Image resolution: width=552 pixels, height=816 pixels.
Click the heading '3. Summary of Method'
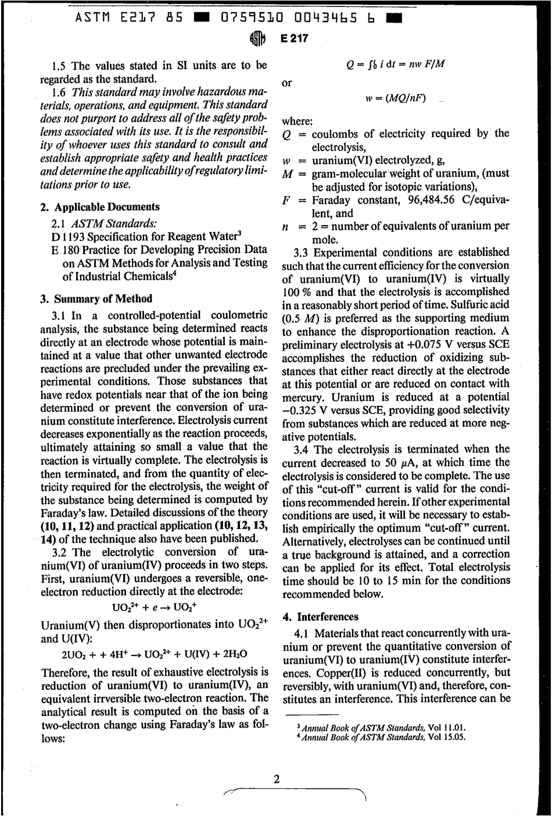96,299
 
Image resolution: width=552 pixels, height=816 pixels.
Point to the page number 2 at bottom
277,780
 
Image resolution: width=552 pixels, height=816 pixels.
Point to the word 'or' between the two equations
286,82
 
